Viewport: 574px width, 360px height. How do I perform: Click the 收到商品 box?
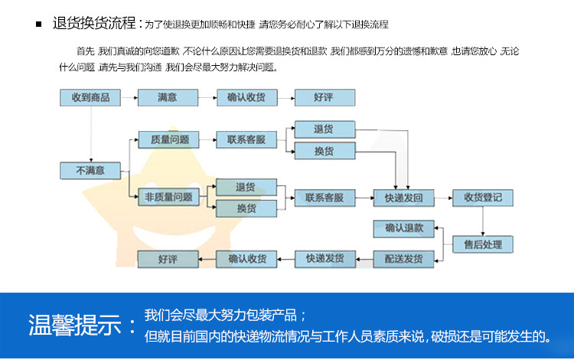[x=91, y=98]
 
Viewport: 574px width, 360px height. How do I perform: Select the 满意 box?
[x=168, y=98]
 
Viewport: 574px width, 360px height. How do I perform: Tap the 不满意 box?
[x=91, y=171]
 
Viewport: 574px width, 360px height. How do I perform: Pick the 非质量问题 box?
[x=168, y=198]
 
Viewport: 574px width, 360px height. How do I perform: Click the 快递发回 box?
[x=404, y=198]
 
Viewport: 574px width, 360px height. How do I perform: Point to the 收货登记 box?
[x=483, y=198]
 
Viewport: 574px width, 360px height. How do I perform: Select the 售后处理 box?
[x=483, y=244]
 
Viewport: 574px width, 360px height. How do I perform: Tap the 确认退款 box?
[x=404, y=227]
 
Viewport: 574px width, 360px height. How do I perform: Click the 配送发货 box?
[x=404, y=259]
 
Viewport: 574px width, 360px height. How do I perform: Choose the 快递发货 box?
[x=325, y=259]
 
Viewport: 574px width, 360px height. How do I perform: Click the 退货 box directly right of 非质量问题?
[x=246, y=188]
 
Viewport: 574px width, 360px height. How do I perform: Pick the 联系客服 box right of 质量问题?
[x=246, y=140]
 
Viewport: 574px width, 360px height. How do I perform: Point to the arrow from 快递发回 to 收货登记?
[x=444, y=198]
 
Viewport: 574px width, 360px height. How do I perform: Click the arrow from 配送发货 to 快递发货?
[x=365, y=259]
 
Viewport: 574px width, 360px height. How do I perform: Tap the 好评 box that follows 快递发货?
[x=168, y=259]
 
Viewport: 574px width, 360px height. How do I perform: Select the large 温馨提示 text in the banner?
[x=74, y=325]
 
